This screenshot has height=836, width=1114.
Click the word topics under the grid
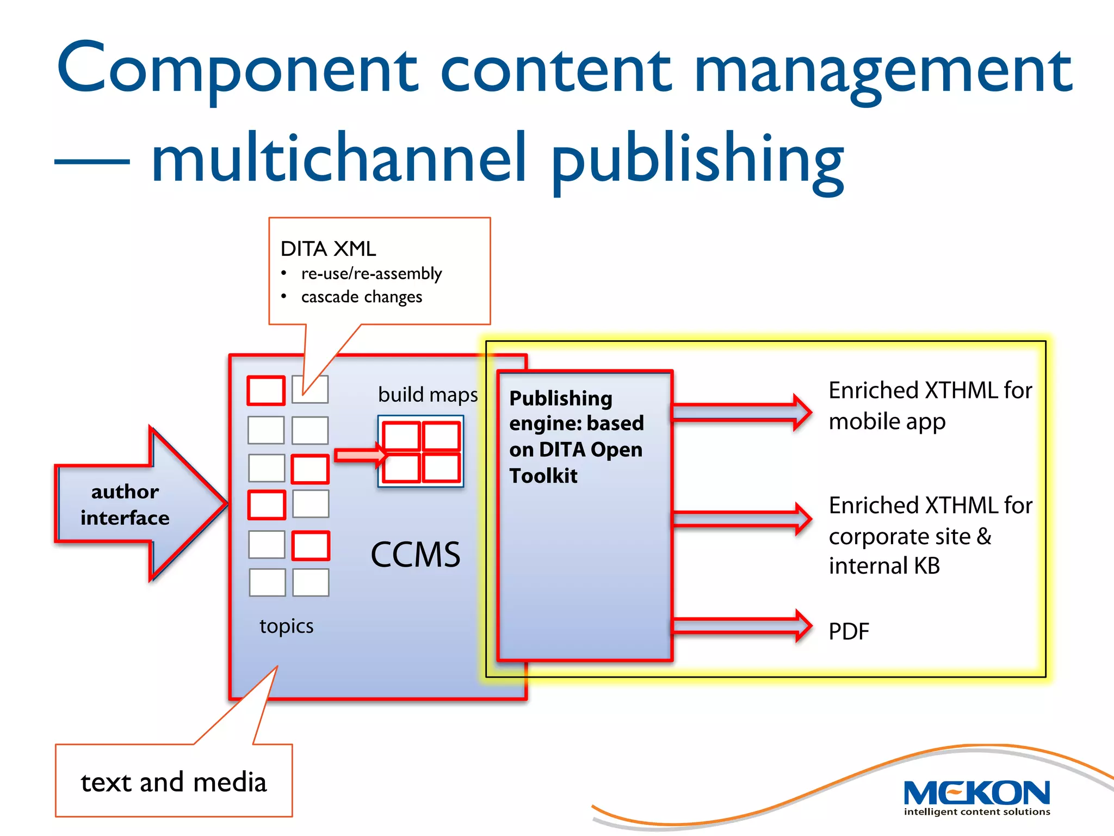(286, 626)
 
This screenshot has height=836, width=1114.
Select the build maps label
(428, 395)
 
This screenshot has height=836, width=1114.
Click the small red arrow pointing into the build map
(359, 455)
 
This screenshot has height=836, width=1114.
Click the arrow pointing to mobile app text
(741, 412)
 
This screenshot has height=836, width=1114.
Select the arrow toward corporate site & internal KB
(741, 519)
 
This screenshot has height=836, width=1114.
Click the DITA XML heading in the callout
(328, 249)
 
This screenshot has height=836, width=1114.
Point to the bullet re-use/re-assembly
(372, 273)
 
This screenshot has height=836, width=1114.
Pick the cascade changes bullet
(362, 297)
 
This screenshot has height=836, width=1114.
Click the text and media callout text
(174, 782)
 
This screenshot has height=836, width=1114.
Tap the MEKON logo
(976, 794)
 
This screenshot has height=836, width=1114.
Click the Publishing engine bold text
(575, 437)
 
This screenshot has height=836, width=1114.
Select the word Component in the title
(237, 70)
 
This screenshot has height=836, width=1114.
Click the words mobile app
(887, 422)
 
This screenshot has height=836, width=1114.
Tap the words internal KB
(884, 566)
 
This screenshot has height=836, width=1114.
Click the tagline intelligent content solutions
(977, 812)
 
